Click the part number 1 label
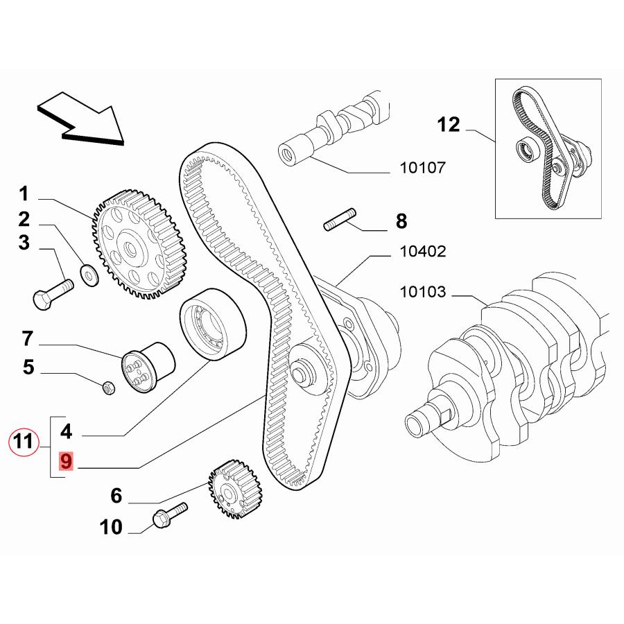(24, 192)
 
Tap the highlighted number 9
(66, 461)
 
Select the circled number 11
(24, 442)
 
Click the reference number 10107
(422, 167)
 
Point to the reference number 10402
(422, 252)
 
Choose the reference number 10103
(422, 292)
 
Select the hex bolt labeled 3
(52, 292)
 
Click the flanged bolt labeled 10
(168, 517)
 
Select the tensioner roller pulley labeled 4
(212, 324)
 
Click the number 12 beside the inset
(449, 125)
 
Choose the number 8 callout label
(401, 222)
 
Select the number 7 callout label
(28, 340)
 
